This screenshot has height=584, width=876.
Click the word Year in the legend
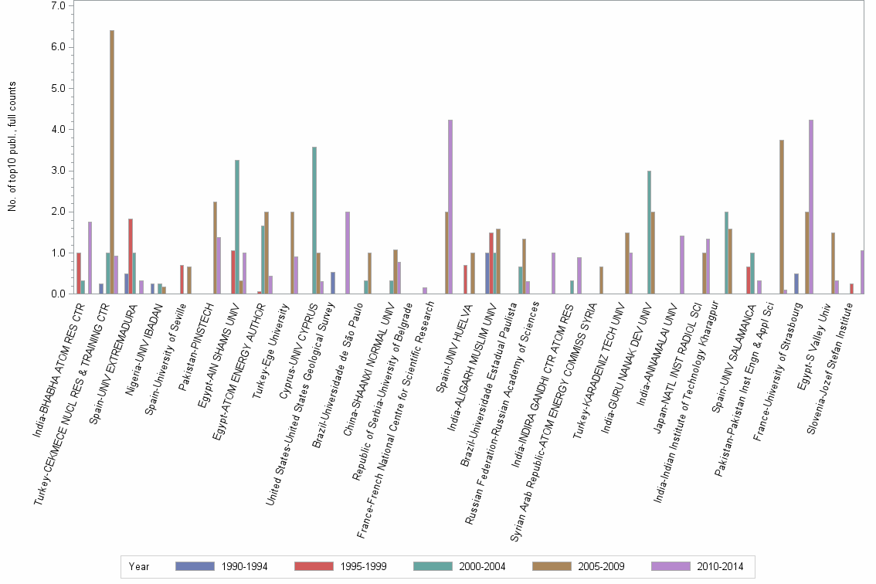pos(140,566)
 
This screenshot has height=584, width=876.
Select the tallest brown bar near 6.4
pos(112,162)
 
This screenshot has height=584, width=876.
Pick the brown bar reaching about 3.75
pos(782,216)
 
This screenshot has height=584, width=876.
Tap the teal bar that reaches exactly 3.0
pos(649,232)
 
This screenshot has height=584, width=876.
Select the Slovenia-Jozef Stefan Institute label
pos(830,363)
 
